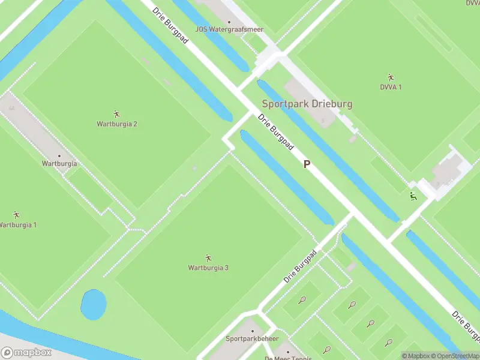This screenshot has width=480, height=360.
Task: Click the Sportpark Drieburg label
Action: click(x=307, y=103)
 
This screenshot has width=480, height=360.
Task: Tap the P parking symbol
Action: click(x=307, y=164)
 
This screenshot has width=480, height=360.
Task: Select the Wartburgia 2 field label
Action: click(x=117, y=124)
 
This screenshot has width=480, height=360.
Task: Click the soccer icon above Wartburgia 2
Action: click(x=116, y=113)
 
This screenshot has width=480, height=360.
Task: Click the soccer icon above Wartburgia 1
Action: click(x=16, y=214)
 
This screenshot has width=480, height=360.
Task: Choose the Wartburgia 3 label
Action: click(x=208, y=268)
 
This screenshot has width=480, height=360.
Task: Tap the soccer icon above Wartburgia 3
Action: click(x=208, y=257)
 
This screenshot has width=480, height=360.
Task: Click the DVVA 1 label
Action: click(x=391, y=87)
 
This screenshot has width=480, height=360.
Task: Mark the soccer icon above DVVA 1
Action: click(x=391, y=77)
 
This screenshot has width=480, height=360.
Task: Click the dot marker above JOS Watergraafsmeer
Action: click(x=229, y=21)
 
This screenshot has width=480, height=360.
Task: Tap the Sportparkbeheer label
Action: click(x=252, y=338)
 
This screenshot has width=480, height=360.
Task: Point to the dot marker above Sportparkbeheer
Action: click(x=252, y=331)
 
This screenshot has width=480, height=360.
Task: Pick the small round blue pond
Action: click(x=93, y=305)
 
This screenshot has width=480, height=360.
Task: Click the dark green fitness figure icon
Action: click(x=413, y=196)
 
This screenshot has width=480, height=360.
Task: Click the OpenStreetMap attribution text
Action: click(x=457, y=356)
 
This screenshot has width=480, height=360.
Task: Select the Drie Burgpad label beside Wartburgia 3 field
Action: click(x=300, y=266)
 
